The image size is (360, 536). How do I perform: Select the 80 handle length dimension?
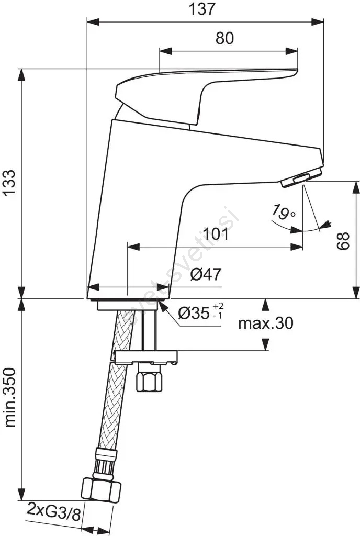click(225, 38)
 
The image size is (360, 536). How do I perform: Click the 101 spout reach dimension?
click(216, 234)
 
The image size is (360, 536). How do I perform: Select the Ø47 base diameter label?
click(206, 274)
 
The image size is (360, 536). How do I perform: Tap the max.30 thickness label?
click(266, 323)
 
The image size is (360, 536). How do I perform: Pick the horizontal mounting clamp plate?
click(146, 357)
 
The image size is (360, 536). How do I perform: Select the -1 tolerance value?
click(218, 316)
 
